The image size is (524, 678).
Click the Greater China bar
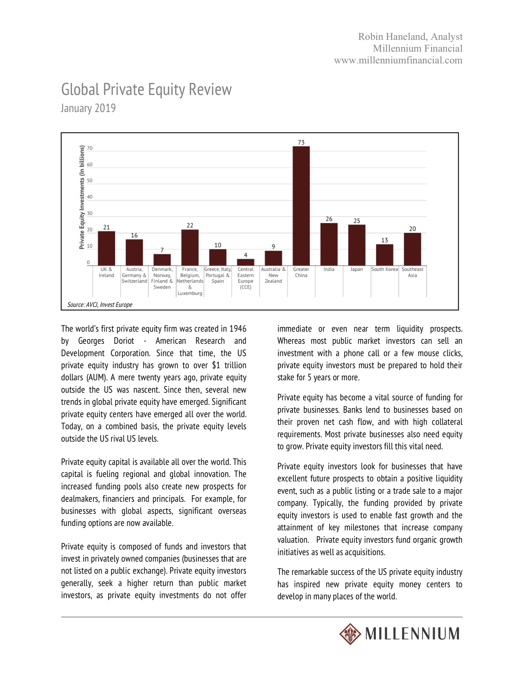(301, 205)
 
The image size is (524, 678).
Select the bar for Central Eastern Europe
(245, 262)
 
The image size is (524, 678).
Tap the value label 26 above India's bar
(329, 219)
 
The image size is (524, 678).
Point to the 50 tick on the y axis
(90, 180)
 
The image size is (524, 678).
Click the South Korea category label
(384, 269)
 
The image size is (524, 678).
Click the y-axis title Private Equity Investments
(82, 197)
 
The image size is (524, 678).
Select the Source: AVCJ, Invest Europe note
(100, 305)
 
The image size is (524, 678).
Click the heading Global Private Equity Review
(146, 89)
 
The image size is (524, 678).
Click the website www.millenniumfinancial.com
(398, 60)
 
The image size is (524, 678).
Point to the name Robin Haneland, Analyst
(410, 37)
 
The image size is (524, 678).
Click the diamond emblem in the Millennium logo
(350, 634)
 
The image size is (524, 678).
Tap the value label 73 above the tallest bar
(301, 142)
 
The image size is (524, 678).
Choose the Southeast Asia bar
(412, 249)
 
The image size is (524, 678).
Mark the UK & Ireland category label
(106, 272)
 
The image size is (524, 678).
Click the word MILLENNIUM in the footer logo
(412, 634)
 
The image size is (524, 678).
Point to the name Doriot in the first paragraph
(124, 341)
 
